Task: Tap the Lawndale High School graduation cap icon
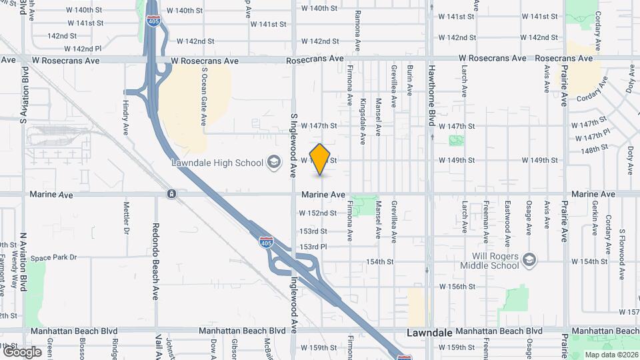[x=273, y=162]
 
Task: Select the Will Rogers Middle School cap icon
[x=530, y=259]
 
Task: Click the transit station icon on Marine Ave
[x=172, y=194]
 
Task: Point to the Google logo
[x=22, y=351]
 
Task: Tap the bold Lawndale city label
[x=431, y=332]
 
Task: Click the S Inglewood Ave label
[x=293, y=145]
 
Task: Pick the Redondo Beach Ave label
[x=155, y=261]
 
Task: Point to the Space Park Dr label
[x=54, y=257]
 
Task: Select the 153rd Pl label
[x=313, y=247]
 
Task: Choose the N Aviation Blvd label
[x=23, y=259]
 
